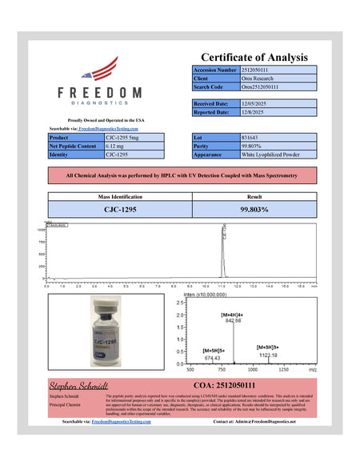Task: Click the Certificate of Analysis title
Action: (254, 57)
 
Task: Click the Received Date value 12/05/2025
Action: (256, 103)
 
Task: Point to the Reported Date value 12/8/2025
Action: (254, 112)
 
